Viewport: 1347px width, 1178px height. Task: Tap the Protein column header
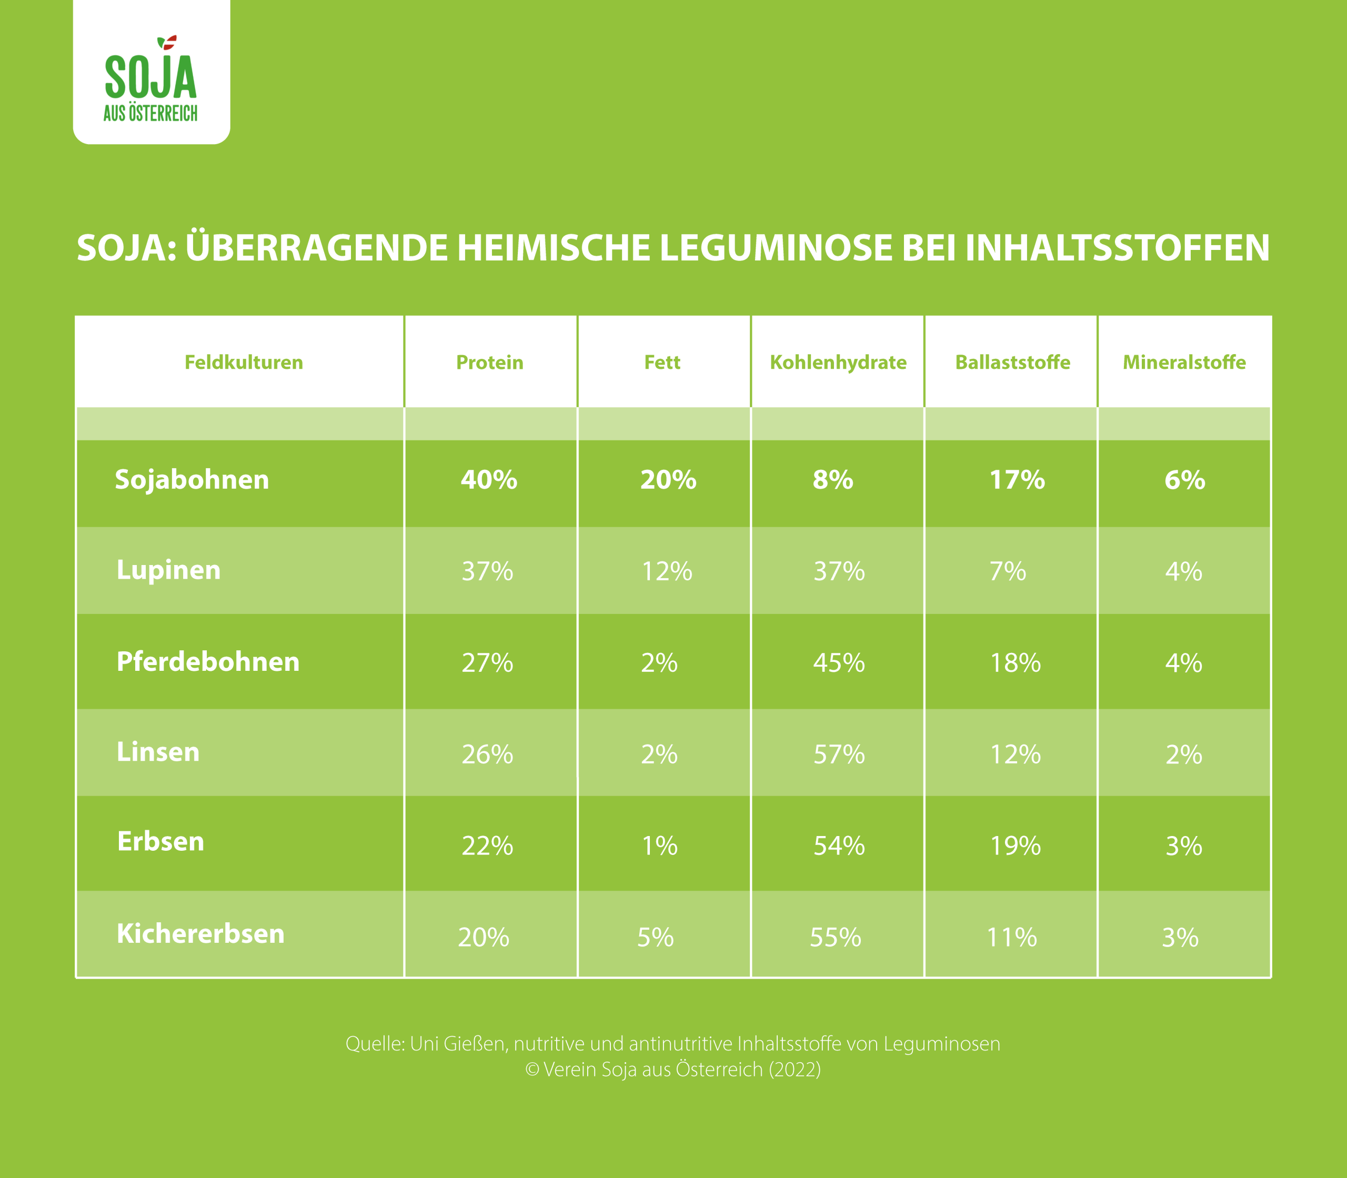(490, 362)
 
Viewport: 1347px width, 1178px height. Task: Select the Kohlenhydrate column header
(838, 362)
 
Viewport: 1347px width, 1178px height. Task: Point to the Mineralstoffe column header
(1184, 362)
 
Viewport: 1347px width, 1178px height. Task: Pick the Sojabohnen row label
(192, 480)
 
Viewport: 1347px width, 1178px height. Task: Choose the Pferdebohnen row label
(208, 662)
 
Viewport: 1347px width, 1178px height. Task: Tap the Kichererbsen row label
(200, 934)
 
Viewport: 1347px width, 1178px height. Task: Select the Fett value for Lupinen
(667, 571)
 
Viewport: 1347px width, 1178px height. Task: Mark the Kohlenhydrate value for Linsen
(839, 754)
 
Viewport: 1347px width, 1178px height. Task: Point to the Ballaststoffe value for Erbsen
(1015, 845)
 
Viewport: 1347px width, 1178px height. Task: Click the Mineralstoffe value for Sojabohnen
(1184, 480)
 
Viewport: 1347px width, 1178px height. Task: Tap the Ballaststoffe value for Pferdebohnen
(1015, 662)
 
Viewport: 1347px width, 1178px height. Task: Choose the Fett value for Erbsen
(659, 845)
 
